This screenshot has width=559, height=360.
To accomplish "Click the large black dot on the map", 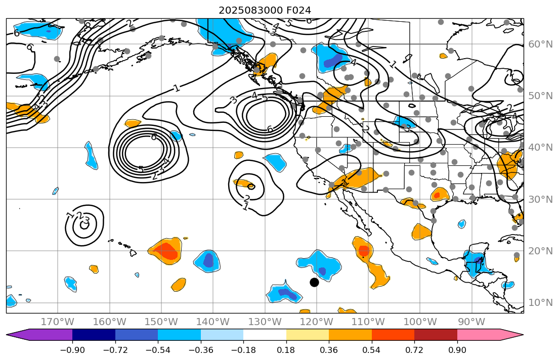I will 314,282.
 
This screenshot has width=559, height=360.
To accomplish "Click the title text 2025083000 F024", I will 265,10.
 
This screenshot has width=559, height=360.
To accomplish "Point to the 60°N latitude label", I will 540,44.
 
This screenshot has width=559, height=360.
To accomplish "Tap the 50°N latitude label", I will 540,96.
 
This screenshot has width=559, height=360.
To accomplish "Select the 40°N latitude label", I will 540,147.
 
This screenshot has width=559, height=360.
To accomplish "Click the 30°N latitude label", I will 540,199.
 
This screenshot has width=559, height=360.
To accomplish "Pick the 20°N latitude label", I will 540,251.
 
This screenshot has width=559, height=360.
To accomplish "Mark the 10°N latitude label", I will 540,302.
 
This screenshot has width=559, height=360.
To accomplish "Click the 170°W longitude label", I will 58,322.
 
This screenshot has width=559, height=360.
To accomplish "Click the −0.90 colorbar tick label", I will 72,350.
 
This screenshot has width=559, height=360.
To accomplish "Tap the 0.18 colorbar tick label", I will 286,350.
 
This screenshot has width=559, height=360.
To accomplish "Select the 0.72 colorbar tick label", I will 414,350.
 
